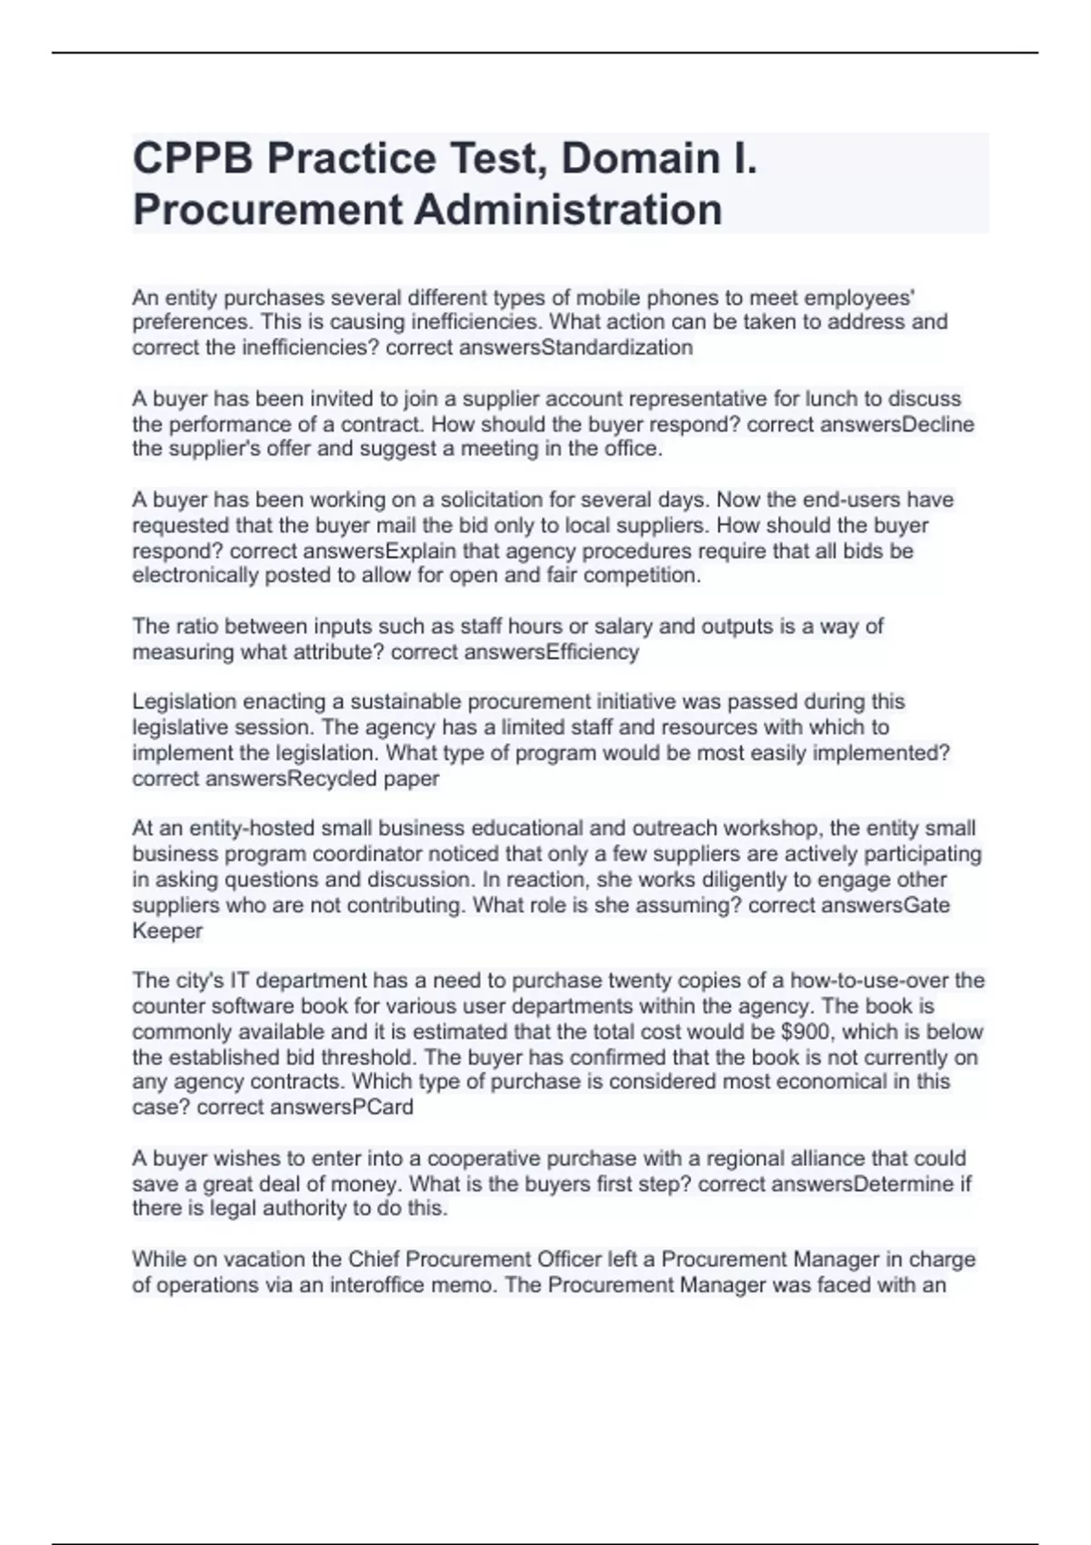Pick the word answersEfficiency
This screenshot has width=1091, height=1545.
[551, 652]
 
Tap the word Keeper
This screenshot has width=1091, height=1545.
[167, 931]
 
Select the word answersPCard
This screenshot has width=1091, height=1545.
[349, 1107]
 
